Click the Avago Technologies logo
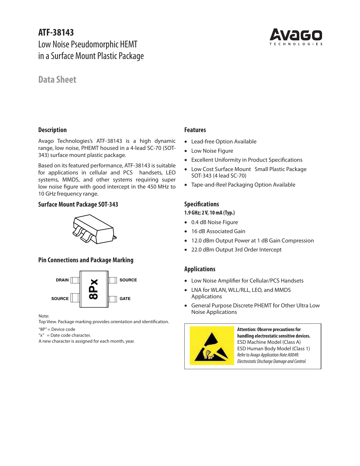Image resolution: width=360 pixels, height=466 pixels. (x=296, y=37)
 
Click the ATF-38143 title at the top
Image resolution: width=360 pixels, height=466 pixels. (x=56, y=32)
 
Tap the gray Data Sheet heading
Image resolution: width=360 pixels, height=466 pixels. (x=57, y=80)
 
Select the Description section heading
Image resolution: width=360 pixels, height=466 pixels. (x=53, y=130)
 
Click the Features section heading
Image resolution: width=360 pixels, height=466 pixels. (x=195, y=130)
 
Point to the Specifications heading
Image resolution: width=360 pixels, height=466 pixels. (x=202, y=204)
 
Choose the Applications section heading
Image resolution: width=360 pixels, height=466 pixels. (x=200, y=269)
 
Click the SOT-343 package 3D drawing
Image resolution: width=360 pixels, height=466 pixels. (x=94, y=229)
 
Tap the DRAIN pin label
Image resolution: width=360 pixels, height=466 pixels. (x=62, y=280)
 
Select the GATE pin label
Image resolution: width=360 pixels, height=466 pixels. (x=125, y=299)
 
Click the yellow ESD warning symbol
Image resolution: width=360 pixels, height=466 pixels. (x=212, y=346)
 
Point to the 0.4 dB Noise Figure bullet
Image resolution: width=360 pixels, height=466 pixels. (x=215, y=222)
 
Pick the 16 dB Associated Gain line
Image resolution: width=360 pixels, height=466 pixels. (x=218, y=231)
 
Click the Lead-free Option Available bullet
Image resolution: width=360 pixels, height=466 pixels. (x=224, y=141)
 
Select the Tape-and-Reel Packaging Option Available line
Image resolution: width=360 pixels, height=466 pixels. (x=243, y=185)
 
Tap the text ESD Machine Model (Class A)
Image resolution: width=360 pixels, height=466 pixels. (x=269, y=342)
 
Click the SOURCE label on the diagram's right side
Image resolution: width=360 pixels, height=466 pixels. (x=128, y=280)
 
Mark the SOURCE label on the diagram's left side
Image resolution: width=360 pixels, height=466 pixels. (x=60, y=299)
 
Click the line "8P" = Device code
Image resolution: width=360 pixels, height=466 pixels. (x=57, y=329)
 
